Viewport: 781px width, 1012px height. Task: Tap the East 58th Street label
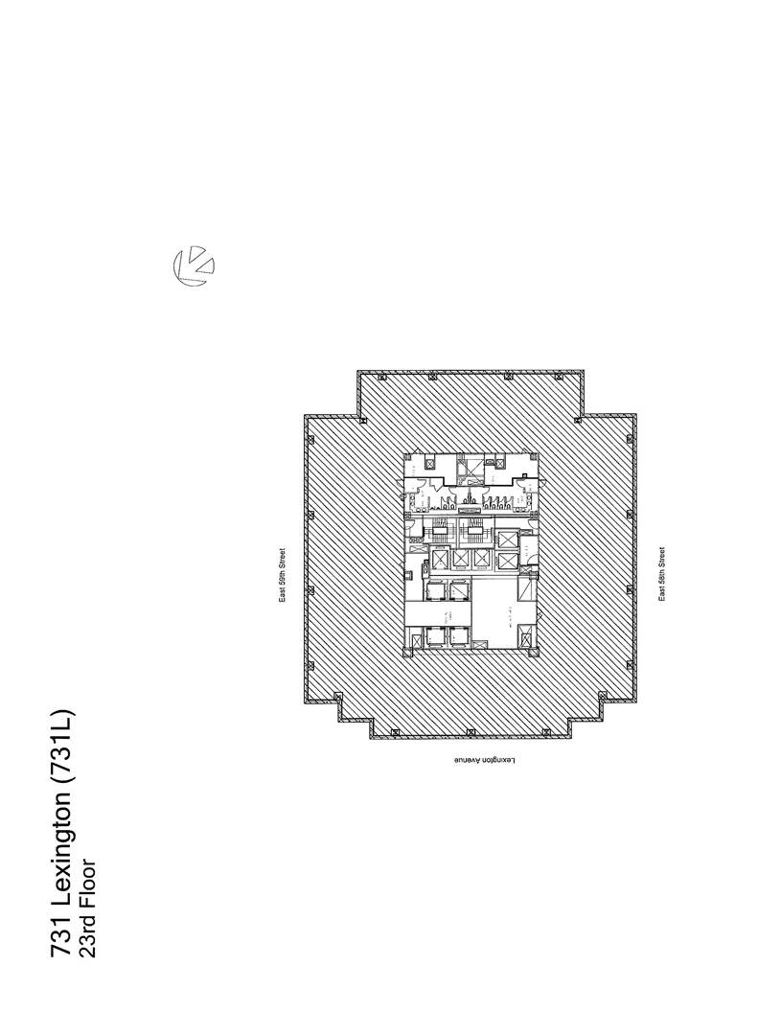point(661,574)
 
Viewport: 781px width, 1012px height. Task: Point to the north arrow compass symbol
point(193,265)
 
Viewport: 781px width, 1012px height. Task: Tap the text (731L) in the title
point(60,747)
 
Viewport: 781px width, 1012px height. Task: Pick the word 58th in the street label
point(661,575)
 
